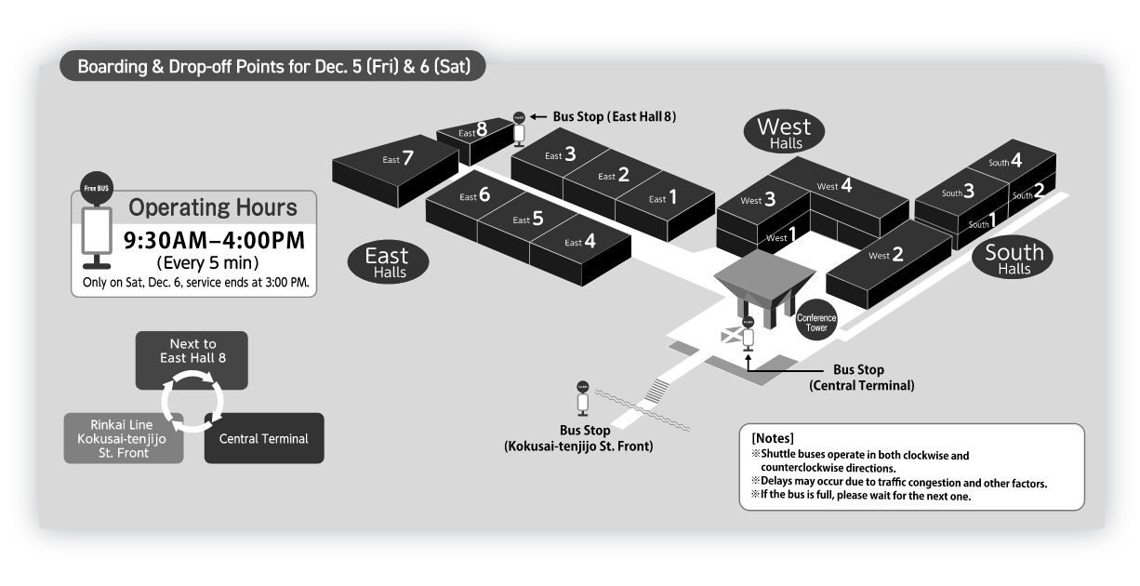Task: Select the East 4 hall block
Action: click(580, 243)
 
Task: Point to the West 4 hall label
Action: click(834, 186)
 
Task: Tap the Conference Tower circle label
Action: click(816, 322)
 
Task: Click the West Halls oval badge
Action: click(784, 133)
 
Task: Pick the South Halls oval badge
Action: click(1014, 258)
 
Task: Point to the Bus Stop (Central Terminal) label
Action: click(861, 377)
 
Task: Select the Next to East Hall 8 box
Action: click(192, 359)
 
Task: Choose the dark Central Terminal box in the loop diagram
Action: click(264, 438)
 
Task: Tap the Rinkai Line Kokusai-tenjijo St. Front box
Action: click(123, 438)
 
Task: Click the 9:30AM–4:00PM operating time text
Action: click(215, 241)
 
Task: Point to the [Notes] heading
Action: click(772, 437)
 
